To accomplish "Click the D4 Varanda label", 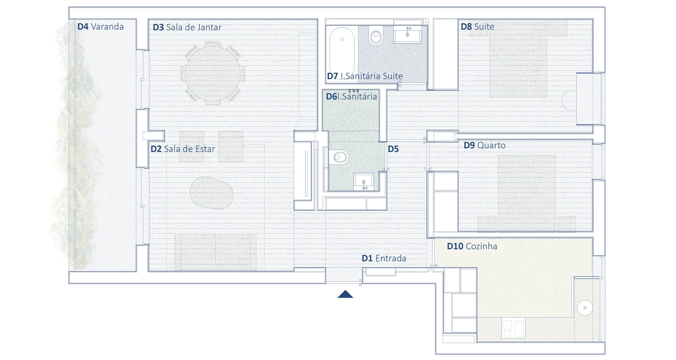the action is (100, 26).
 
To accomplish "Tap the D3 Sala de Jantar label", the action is (187, 27).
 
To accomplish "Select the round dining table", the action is (213, 73).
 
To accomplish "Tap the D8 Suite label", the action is (477, 26).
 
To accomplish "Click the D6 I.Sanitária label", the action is (351, 96).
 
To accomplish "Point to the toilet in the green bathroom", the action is (339, 157).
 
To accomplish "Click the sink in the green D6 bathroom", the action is (364, 182).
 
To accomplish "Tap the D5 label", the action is (393, 149).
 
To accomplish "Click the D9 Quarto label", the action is (485, 145).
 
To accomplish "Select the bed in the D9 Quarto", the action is (527, 193).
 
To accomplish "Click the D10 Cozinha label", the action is (472, 246).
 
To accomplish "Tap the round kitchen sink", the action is (585, 308).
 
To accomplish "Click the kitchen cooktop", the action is (513, 328).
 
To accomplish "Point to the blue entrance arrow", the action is (345, 294).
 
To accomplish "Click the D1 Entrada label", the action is (384, 258).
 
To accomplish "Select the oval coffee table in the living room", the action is (211, 193).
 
